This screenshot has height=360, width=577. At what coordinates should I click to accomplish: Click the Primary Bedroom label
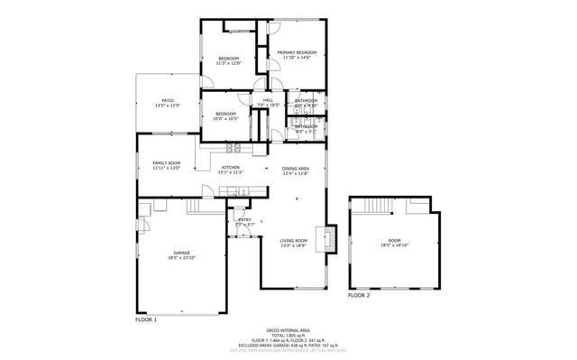point(294,53)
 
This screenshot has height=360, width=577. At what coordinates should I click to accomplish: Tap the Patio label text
point(168,100)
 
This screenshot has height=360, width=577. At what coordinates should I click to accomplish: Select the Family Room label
point(166,162)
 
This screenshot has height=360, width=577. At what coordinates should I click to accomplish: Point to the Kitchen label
point(231,167)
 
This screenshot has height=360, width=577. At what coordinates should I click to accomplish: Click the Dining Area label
point(296,169)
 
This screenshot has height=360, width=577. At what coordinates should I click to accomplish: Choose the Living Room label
point(294,240)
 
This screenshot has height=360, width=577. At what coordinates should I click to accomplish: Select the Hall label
point(268,100)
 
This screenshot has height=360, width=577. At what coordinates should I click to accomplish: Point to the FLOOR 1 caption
point(146,319)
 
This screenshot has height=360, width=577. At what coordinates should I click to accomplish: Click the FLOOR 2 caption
point(359,295)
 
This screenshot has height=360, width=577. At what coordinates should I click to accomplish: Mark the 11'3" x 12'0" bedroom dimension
point(230,63)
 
